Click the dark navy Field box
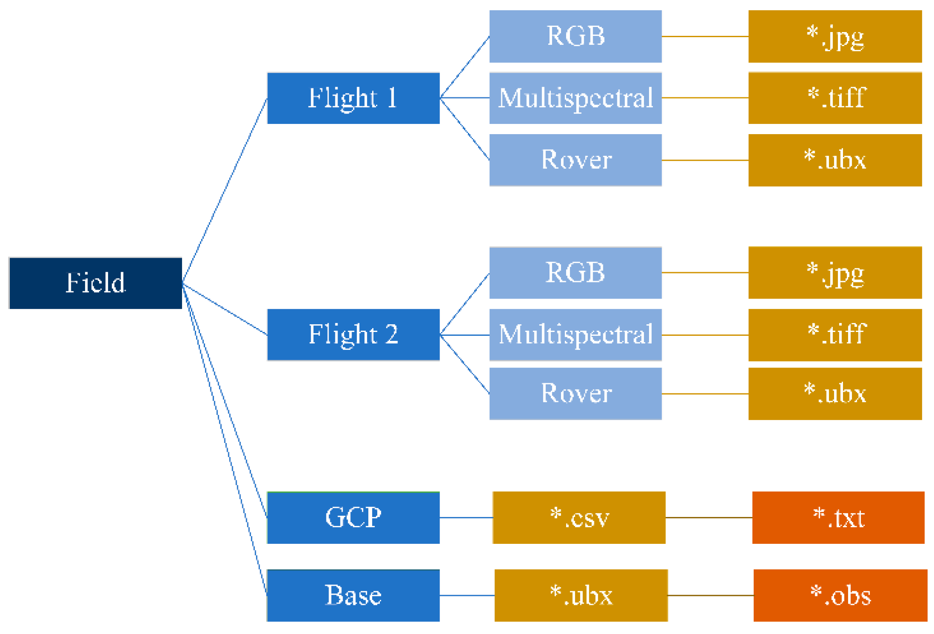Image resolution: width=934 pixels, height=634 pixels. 95,283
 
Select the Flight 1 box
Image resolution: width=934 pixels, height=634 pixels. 353,98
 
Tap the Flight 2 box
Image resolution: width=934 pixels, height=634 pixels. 353,335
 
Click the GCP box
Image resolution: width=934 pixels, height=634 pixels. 353,517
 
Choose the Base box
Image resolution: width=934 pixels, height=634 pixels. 353,595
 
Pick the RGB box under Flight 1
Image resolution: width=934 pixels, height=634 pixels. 576,36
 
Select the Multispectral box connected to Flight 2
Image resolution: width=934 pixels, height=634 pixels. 576,335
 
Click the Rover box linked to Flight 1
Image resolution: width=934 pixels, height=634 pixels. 576,160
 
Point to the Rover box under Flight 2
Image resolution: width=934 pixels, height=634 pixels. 576,393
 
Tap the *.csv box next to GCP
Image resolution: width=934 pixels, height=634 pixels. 579,517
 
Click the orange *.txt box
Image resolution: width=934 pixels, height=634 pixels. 838,517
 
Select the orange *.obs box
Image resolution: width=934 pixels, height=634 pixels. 840,595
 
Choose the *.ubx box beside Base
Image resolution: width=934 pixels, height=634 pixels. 581,595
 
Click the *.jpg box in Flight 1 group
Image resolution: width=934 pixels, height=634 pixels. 835,36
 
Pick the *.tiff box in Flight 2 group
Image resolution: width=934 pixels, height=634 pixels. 835,335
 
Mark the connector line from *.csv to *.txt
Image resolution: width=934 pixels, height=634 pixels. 709,517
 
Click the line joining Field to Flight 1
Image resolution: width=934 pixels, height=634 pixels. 225,190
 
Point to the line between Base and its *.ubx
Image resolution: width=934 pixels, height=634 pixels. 467,595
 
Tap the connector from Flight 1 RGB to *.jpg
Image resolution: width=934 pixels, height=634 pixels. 705,36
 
